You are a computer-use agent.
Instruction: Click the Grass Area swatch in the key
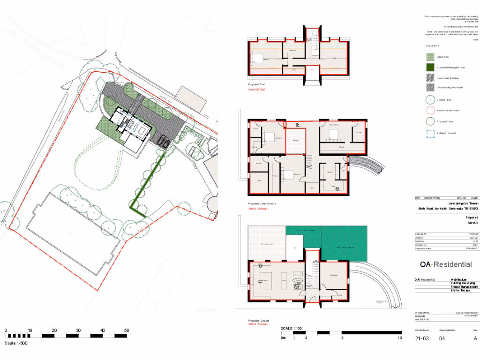pos(430,57)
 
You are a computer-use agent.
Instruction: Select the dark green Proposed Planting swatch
pos(430,67)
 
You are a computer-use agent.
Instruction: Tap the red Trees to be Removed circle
pos(430,111)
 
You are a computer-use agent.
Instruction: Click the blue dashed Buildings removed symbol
pos(430,133)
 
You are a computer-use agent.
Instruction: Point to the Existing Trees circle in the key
pos(430,99)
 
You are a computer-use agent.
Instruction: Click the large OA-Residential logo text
pos(446,265)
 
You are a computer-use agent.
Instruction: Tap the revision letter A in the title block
pos(475,338)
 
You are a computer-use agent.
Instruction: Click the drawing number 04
pos(442,338)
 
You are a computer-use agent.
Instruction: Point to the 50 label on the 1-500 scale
pos(126,330)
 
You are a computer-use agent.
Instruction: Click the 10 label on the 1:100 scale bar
pos(399,338)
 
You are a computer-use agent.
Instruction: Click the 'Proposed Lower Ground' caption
pos(262,204)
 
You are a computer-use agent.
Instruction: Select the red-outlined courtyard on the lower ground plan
pos(295,140)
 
